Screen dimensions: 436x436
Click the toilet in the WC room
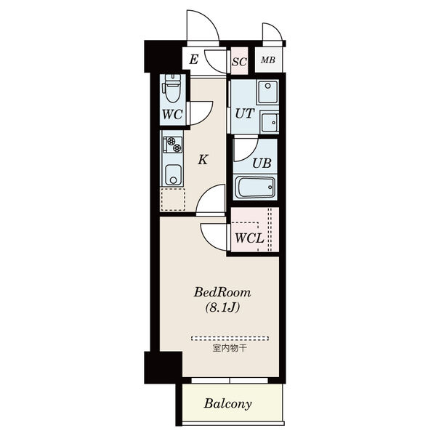(x=171, y=89)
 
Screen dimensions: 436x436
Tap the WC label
(x=172, y=114)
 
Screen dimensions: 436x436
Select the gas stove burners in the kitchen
(x=173, y=145)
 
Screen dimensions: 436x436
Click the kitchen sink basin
(x=173, y=175)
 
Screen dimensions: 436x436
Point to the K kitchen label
(x=203, y=160)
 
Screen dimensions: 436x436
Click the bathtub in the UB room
(x=255, y=187)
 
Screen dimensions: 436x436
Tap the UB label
(x=262, y=163)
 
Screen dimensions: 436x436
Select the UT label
(x=245, y=113)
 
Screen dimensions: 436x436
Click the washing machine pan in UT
(x=267, y=92)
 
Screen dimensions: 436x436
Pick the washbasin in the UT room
(x=270, y=122)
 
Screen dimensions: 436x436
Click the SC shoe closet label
(x=239, y=62)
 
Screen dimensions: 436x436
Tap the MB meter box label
(x=268, y=60)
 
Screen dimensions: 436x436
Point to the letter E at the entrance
(x=194, y=60)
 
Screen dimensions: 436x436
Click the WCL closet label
(x=249, y=238)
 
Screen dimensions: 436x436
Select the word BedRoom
(x=222, y=292)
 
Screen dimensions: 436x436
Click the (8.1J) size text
(x=222, y=307)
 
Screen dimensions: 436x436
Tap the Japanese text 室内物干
(x=230, y=348)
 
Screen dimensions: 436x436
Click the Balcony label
(x=227, y=403)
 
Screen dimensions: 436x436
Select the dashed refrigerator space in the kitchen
(x=173, y=199)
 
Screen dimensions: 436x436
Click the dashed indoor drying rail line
(x=230, y=339)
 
